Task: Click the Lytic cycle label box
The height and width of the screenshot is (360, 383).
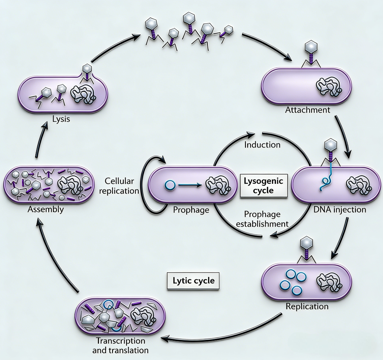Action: (193, 281)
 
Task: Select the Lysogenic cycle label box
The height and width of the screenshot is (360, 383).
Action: (264, 185)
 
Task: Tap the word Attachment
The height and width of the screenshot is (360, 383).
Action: (307, 110)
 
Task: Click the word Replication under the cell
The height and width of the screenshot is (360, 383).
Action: (307, 306)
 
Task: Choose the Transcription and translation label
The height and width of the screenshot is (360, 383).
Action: (120, 345)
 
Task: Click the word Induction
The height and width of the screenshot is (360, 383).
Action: (262, 144)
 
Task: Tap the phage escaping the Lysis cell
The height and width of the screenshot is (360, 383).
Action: (87, 70)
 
